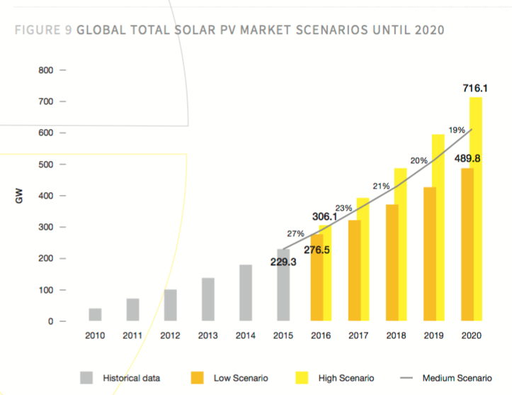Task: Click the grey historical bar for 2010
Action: (x=95, y=314)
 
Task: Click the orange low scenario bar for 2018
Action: (x=392, y=262)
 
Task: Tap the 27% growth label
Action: (x=295, y=233)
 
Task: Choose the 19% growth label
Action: (x=456, y=130)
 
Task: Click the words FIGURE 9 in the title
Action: (x=41, y=30)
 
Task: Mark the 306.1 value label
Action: (x=326, y=216)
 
